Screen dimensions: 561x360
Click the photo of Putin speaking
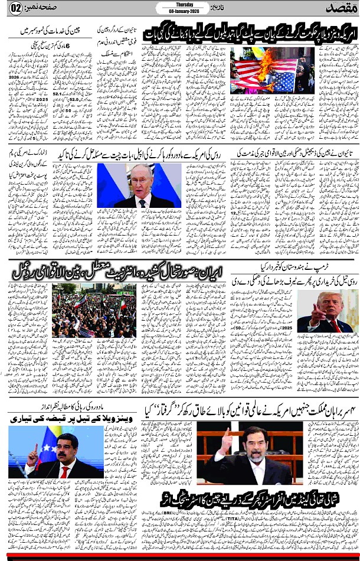point(139,185)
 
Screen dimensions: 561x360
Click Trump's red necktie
point(336,325)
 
